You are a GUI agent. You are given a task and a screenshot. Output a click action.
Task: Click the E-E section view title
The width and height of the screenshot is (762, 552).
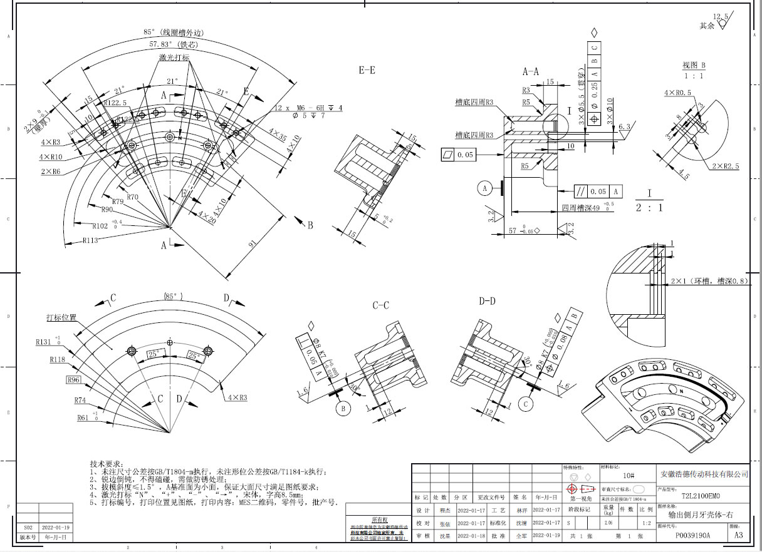367,71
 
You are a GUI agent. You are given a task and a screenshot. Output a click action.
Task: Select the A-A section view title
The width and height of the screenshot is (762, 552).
531,71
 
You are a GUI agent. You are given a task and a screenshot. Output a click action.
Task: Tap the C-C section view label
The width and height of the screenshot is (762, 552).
381,305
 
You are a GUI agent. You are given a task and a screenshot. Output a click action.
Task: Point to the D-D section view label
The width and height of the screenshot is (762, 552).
487,302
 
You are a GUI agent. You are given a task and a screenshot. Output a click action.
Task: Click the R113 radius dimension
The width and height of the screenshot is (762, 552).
92,240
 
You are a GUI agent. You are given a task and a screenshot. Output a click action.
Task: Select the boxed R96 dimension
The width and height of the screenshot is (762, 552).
74,379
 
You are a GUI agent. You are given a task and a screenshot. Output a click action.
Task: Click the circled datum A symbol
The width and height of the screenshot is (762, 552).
484,187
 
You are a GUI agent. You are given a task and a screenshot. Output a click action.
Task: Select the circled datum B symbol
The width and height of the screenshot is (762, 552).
343,409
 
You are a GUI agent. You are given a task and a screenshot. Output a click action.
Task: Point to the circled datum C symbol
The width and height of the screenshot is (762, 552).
526,405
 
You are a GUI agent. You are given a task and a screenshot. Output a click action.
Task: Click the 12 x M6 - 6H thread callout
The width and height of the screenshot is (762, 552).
308,108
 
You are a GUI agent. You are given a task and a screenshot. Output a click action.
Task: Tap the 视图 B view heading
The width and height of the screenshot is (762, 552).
694,66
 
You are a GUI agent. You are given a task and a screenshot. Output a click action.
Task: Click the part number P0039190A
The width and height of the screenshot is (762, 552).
692,536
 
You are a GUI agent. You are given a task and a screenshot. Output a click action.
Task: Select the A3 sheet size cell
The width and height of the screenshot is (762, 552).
738,536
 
